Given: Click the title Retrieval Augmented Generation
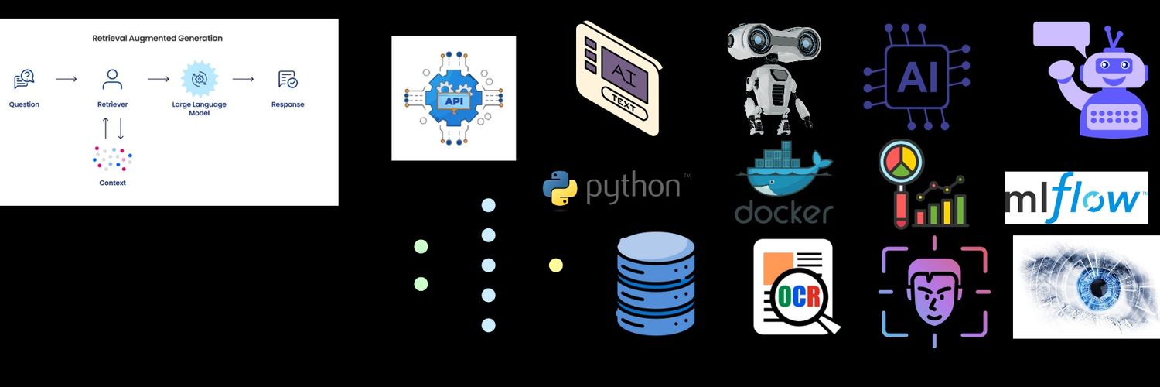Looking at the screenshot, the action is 158,39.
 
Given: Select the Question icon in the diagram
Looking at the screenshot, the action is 24,79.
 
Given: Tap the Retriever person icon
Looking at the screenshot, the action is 112,79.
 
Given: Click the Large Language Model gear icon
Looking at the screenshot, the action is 200,79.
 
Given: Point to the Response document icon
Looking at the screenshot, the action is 288,79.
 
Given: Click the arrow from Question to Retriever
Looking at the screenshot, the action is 67,79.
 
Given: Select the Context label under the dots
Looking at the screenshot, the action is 112,183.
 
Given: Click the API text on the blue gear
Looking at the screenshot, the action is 454,101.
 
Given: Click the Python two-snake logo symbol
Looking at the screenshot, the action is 560,188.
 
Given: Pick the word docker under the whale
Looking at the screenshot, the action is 783,212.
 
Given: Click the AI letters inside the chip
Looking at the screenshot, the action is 917,77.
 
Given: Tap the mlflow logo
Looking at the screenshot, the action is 1076,198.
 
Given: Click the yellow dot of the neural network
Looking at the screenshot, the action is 556,265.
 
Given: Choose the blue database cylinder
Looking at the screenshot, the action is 656,283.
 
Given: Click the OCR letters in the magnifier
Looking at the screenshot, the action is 799,296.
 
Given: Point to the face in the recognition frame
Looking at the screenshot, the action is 934,291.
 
